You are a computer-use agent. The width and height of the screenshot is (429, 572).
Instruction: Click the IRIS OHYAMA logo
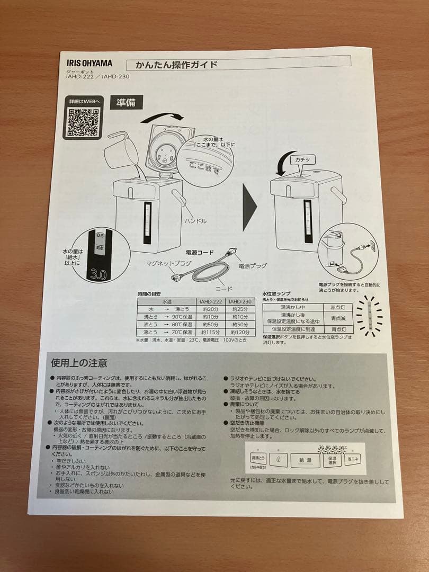(88, 62)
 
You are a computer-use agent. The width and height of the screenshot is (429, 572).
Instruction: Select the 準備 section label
(126, 103)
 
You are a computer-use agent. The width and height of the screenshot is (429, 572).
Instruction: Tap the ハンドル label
(195, 221)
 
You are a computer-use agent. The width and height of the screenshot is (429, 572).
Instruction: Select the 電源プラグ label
(252, 265)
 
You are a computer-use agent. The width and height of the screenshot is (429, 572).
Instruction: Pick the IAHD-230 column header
(239, 301)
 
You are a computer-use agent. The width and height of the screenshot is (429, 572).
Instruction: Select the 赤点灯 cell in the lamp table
(337, 307)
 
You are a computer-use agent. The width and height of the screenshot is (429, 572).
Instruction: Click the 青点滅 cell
(337, 318)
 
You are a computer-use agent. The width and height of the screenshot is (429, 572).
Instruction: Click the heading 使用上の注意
(79, 363)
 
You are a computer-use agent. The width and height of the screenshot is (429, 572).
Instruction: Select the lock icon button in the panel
(279, 460)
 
